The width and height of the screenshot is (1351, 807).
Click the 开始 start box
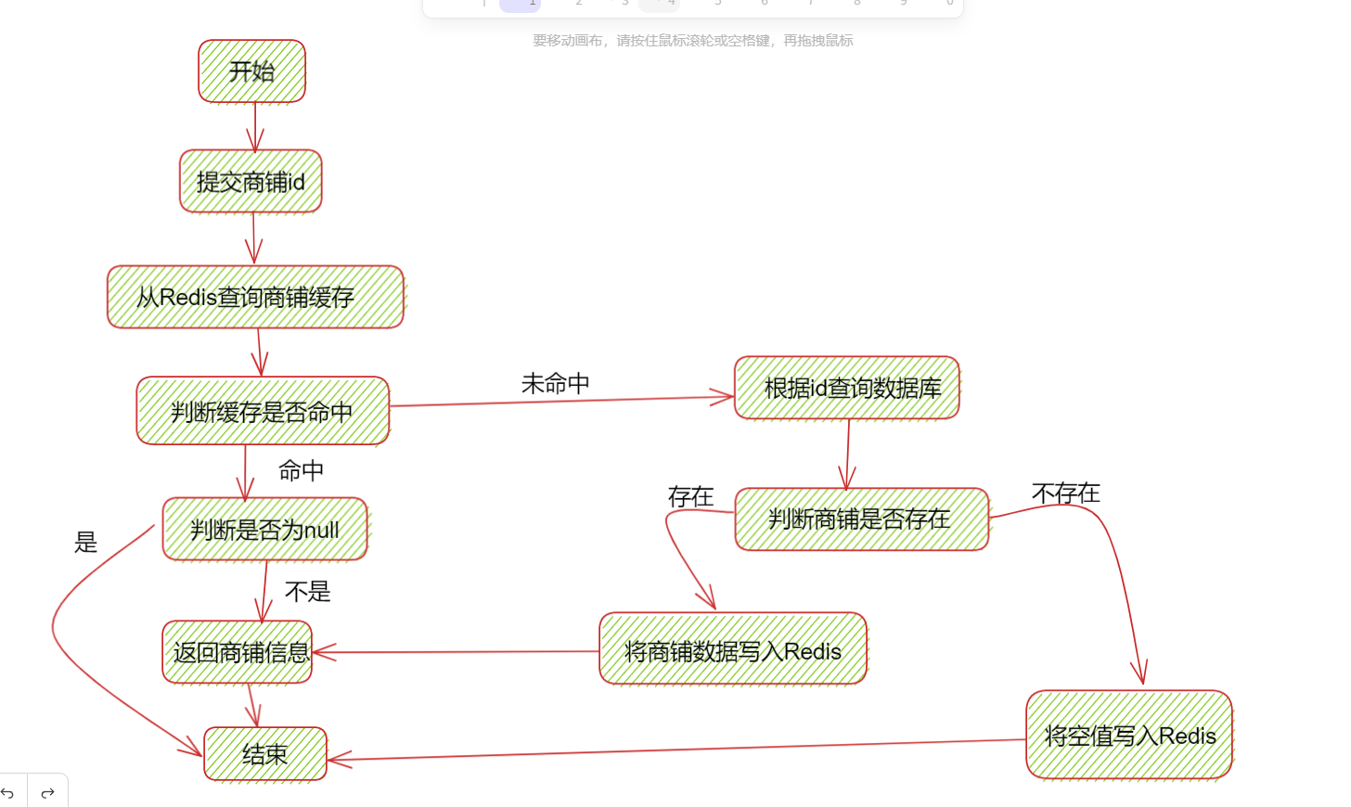251,70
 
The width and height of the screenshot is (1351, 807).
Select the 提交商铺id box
251,182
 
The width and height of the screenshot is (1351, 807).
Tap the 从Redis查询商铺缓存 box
255,297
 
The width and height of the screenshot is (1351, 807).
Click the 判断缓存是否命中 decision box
263,411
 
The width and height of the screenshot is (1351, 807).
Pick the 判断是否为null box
265,530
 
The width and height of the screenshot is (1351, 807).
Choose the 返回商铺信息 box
238,652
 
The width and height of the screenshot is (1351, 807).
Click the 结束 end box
265,754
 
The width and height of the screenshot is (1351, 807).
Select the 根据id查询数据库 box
847,388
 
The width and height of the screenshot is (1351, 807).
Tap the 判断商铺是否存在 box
861,519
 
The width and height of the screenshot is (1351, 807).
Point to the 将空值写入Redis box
1129,736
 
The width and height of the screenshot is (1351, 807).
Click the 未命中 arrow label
556,383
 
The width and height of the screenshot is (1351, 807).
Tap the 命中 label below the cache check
302,471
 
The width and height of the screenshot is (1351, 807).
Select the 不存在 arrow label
1066,493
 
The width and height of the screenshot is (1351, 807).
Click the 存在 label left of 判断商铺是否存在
691,497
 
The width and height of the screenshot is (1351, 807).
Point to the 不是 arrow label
308,592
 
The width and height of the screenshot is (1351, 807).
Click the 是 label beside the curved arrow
86,542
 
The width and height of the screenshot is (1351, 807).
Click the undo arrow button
8,793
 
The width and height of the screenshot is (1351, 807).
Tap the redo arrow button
48,793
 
